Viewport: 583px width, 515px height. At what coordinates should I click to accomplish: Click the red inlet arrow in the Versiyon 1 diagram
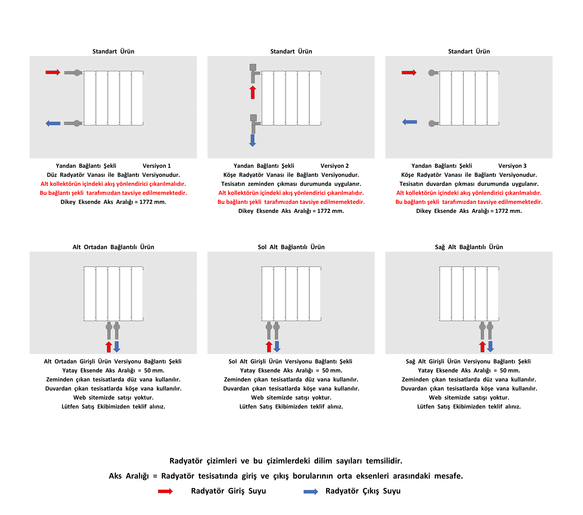(x=53, y=72)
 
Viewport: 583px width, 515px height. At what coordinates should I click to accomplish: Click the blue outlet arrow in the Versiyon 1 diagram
(x=53, y=123)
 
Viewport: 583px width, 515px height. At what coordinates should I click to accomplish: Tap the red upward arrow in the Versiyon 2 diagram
(x=253, y=92)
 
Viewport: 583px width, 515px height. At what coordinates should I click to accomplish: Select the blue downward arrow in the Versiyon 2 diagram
(x=252, y=140)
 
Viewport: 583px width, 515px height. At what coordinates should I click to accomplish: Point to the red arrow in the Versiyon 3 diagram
(x=409, y=72)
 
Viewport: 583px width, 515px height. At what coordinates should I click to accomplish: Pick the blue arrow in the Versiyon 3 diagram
(x=410, y=122)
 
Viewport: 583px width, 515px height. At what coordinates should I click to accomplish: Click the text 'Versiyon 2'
(x=334, y=166)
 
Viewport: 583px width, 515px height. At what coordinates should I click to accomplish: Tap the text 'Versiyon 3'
(x=512, y=166)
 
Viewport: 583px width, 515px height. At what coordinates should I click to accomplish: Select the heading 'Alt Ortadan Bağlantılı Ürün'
(x=113, y=247)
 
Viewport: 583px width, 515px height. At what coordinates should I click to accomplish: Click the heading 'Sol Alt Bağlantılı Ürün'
(x=291, y=247)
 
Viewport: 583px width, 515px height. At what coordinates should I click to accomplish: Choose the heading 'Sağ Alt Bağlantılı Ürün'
(x=469, y=247)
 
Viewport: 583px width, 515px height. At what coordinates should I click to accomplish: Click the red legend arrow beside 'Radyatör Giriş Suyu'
(x=166, y=491)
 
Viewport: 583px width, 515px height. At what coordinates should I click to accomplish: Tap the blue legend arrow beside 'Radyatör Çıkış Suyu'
(x=311, y=491)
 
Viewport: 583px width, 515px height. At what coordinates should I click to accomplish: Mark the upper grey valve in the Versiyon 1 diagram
(x=77, y=73)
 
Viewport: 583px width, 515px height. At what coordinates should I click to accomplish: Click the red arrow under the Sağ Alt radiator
(x=482, y=347)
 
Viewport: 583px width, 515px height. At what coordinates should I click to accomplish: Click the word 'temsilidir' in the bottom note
(x=384, y=461)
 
